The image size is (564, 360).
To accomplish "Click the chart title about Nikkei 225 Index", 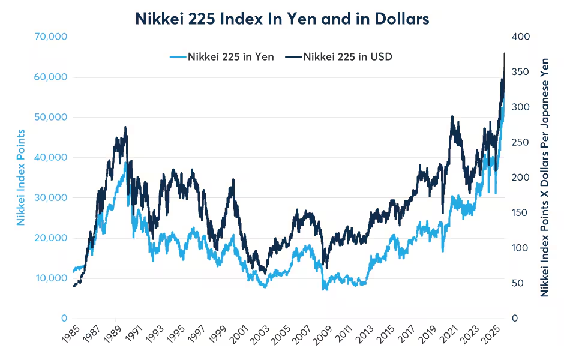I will pos(281,19).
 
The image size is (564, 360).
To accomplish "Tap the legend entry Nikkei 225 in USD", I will pos(339,57).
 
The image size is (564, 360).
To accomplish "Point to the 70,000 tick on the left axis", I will pos(50,37).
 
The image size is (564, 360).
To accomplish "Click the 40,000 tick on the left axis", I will pos(50,157).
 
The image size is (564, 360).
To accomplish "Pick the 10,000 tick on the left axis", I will pos(50,278).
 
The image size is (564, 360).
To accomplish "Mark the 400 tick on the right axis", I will pos(521,37).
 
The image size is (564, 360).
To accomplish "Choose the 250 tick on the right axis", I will pos(521,142).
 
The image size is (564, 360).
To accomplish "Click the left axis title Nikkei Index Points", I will pos(21,177).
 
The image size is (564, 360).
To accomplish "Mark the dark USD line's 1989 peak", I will pos(125,127).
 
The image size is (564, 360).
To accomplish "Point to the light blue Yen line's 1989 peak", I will pos(125,163).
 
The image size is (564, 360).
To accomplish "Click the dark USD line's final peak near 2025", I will pos(504,53).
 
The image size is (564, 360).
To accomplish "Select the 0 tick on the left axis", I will pos(63,318).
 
